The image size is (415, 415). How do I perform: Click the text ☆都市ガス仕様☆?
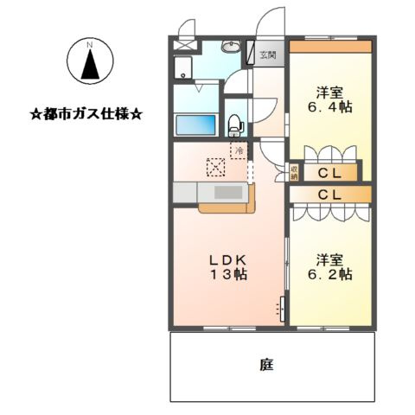click(x=86, y=113)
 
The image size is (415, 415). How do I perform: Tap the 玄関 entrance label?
click(x=268, y=56)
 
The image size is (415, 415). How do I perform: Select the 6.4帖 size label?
click(x=329, y=108)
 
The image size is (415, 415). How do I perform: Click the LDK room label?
click(x=228, y=259)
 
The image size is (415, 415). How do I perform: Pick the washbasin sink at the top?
click(x=229, y=48)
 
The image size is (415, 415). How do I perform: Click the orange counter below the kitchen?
click(x=227, y=207)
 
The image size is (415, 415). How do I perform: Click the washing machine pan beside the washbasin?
click(x=187, y=69)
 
